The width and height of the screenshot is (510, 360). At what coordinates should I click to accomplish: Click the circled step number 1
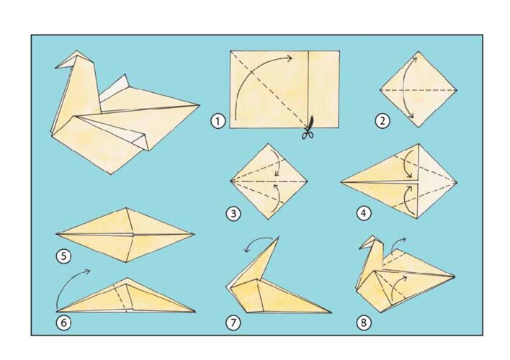218,121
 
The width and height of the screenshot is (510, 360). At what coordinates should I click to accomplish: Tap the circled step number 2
382,121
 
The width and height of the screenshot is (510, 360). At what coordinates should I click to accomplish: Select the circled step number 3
233,214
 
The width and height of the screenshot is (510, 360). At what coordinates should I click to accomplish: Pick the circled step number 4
363,213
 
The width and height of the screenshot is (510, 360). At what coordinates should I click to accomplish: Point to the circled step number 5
63,256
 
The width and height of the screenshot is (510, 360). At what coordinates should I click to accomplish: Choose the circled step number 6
63,323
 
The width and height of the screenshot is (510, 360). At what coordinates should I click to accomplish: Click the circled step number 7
233,323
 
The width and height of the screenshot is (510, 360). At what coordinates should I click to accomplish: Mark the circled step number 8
363,323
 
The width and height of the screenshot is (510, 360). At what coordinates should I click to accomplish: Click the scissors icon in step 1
308,128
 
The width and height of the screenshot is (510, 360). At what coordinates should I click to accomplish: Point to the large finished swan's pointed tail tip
199,105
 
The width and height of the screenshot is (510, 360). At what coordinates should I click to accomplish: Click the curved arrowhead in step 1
288,58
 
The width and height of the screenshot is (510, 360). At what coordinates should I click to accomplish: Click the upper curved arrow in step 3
278,163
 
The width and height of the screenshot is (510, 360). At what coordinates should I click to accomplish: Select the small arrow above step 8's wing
398,243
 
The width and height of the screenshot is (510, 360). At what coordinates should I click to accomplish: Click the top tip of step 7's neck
279,237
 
